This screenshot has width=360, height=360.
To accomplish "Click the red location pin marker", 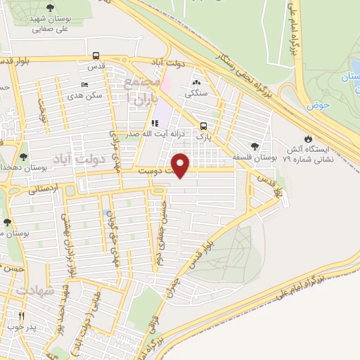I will [181, 164].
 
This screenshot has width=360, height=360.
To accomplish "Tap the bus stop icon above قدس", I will [96, 56].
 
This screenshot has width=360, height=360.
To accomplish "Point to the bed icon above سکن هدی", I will [84, 85].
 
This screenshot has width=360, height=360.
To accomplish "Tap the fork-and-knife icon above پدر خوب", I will [22, 316].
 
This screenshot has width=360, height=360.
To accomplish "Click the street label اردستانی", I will [46, 188].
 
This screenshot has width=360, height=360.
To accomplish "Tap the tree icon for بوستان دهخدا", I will [24, 157].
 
